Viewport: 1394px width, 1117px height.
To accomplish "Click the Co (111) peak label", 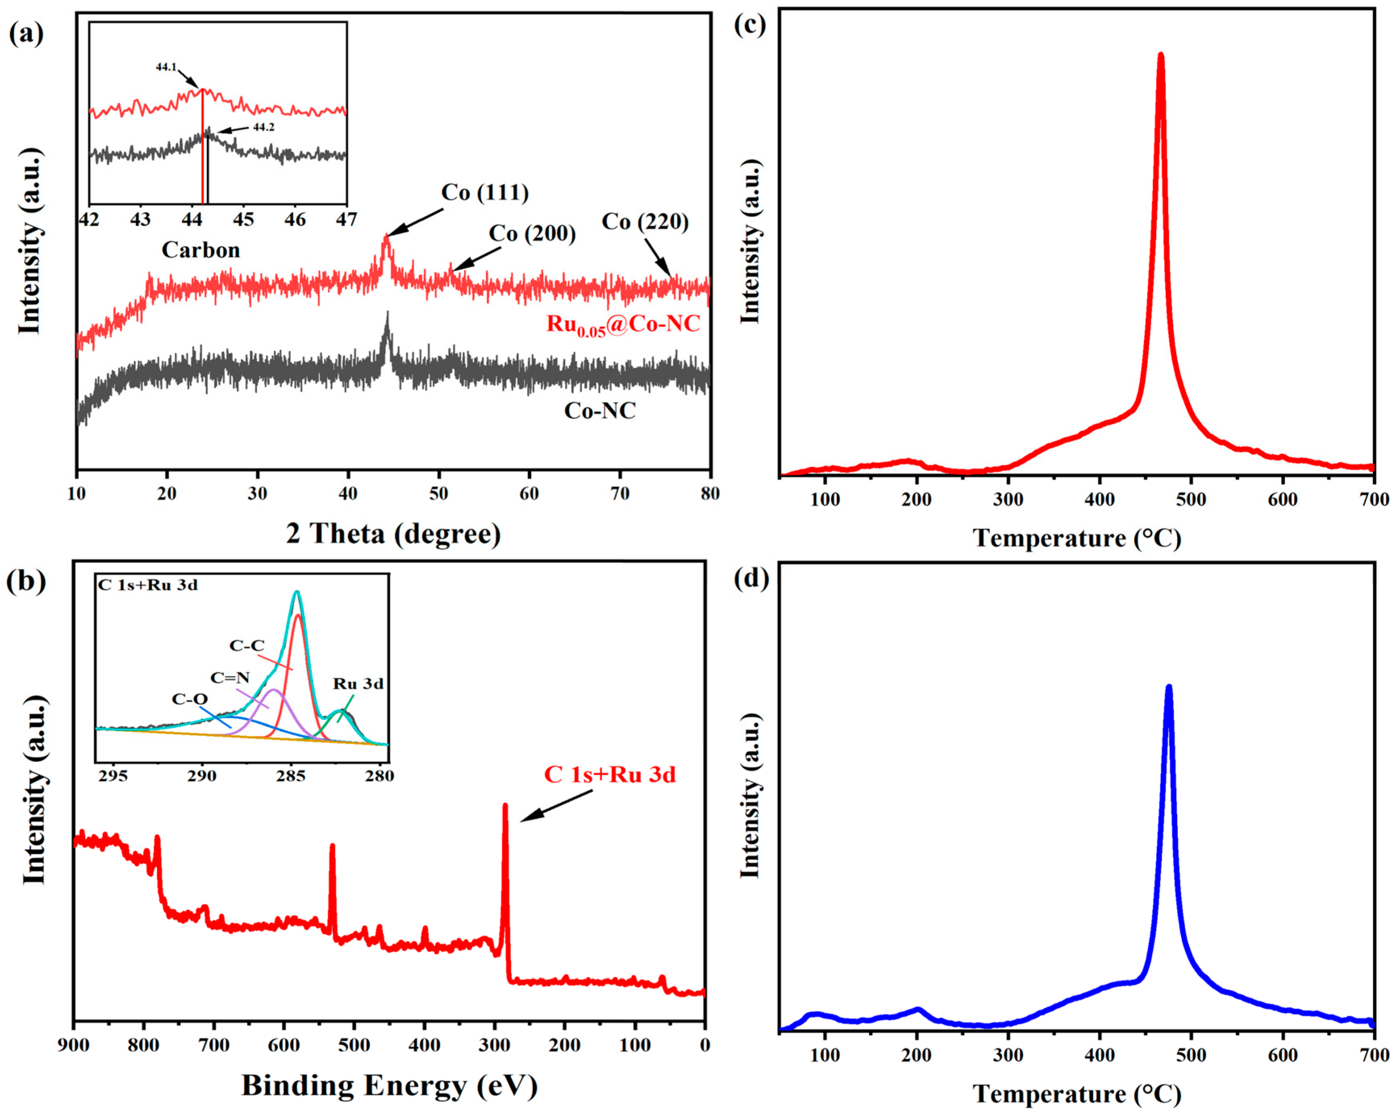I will tap(485, 193).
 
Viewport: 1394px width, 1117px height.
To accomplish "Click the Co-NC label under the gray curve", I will tap(599, 411).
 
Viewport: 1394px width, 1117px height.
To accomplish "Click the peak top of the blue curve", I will tap(1168, 688).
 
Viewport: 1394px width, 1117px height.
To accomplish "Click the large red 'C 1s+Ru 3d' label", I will tap(610, 775).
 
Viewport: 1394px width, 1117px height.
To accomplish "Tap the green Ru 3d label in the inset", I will tap(358, 684).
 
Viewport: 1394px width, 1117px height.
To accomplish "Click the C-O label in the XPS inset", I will tap(189, 700).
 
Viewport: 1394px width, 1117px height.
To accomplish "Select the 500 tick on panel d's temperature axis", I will tap(1190, 1056).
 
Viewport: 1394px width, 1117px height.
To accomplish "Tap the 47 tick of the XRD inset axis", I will tap(347, 220).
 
